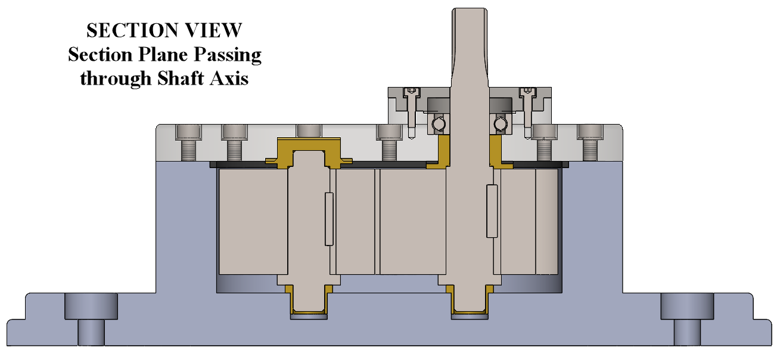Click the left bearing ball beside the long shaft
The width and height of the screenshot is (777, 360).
[439, 123]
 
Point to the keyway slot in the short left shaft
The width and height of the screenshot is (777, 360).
[328, 219]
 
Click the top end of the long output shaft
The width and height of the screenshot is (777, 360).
[470, 15]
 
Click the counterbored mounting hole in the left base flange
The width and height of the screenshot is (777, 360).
[91, 318]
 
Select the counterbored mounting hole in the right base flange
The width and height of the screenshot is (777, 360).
[687, 318]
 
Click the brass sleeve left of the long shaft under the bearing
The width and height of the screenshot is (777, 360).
[443, 152]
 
